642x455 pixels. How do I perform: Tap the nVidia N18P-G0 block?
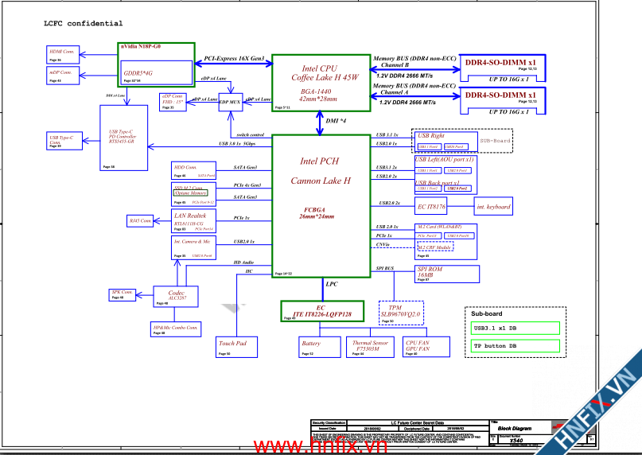156,64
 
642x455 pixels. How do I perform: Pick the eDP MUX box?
230,102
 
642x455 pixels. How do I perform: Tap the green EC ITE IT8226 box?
321,311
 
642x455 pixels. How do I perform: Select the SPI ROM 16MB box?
447,274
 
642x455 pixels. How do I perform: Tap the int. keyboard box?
492,207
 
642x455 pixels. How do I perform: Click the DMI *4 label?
336,120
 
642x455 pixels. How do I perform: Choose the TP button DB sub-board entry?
514,345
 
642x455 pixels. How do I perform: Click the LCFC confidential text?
83,24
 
